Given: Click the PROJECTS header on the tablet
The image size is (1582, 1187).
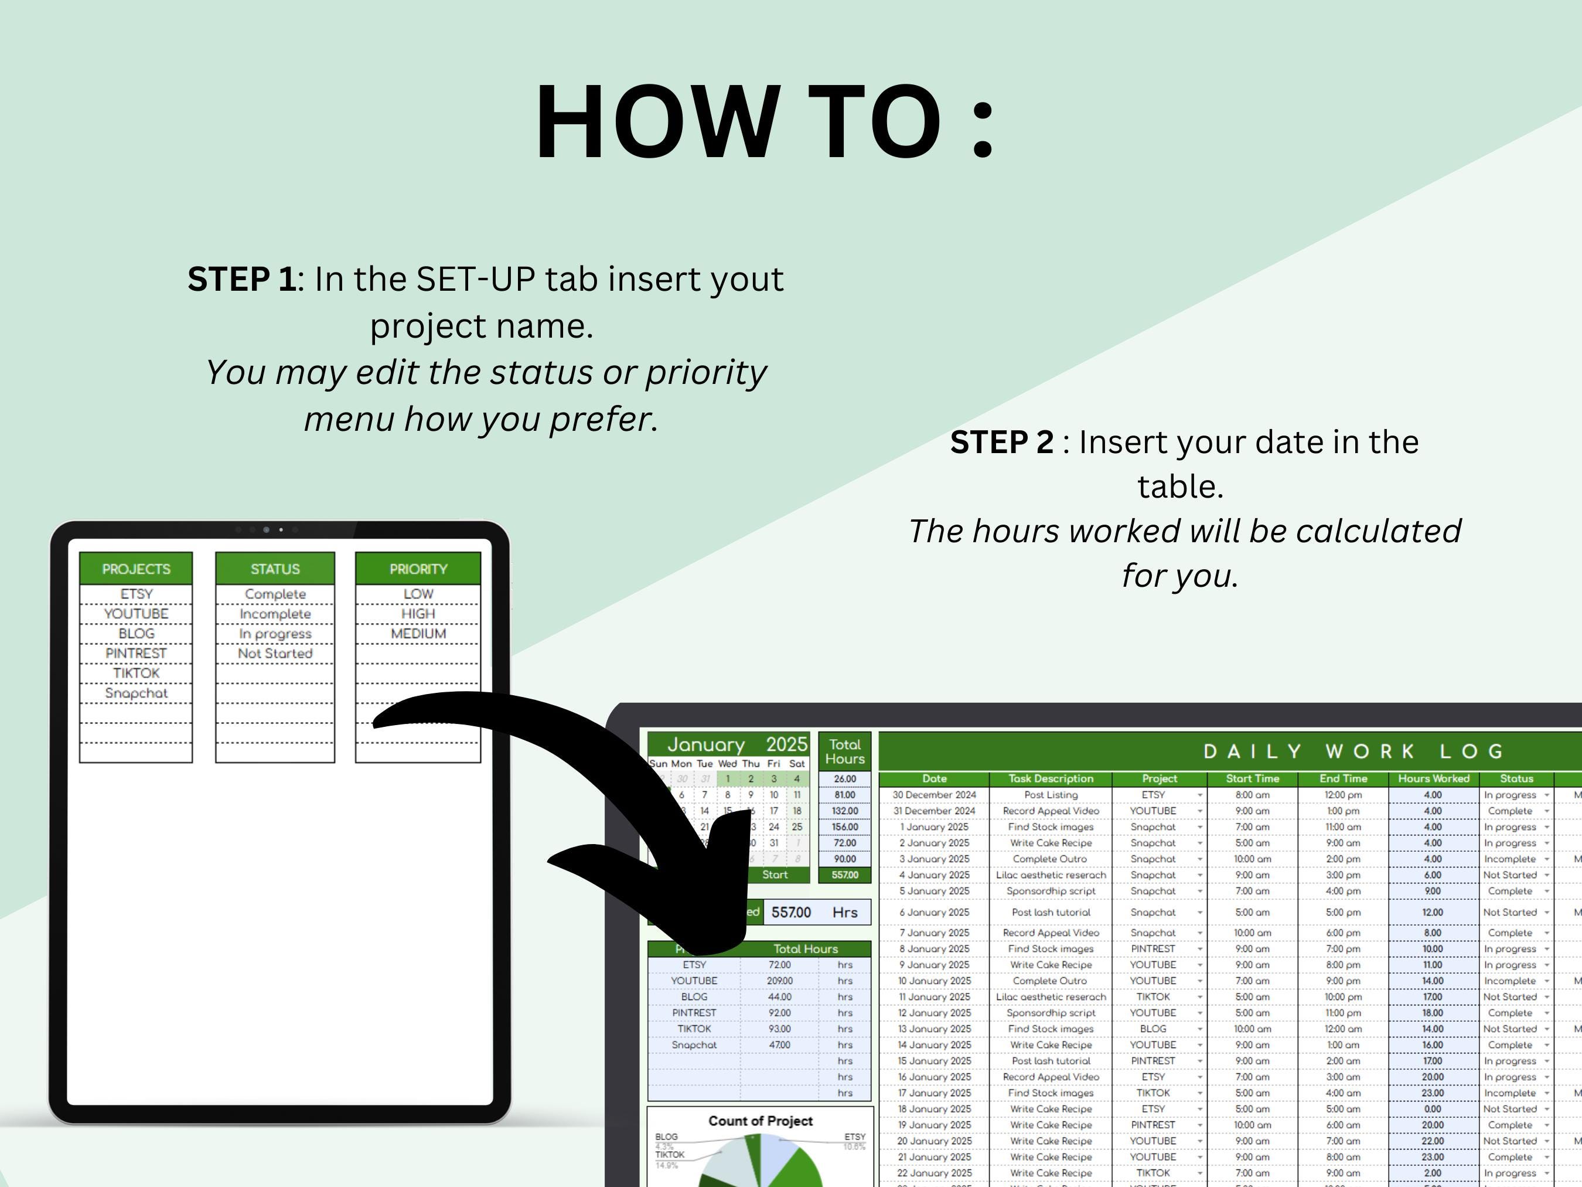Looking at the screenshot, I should [x=136, y=569].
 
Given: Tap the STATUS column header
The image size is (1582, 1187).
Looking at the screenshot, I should [x=275, y=569].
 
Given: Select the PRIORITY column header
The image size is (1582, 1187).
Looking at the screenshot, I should [x=418, y=569].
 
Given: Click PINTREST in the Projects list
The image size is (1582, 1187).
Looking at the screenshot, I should [x=136, y=653].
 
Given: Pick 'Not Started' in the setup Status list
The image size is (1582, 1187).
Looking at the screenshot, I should [x=275, y=653].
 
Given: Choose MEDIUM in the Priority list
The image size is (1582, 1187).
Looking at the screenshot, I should [x=418, y=634].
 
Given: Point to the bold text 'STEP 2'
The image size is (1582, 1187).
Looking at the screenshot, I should [x=1001, y=442].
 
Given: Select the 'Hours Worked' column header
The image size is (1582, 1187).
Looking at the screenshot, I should [x=1433, y=778].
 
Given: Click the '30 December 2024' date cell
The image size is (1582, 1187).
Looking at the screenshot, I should [x=933, y=795].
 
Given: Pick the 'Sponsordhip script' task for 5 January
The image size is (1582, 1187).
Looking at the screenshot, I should [x=1051, y=892].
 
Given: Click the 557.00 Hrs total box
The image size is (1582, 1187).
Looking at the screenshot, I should [x=816, y=912].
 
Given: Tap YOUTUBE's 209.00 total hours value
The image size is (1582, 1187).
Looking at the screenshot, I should [x=779, y=981].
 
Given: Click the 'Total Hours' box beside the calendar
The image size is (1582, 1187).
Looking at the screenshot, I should [x=845, y=751].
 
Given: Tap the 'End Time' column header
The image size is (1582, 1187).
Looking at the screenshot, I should [x=1342, y=778].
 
